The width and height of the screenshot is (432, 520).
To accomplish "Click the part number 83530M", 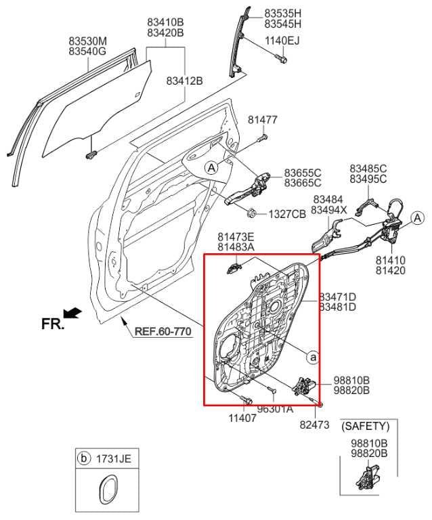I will coord(87,40).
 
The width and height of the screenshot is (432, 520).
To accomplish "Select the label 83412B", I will coord(185,81).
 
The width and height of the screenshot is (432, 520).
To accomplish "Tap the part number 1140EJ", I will coord(282,40).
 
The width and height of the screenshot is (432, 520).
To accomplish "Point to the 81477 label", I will coord(262,120).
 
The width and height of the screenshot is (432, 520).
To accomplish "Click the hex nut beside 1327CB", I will coord(250,213).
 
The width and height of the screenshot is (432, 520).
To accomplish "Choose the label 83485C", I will coord(368,168).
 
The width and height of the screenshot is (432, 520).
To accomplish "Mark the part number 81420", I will coord(392,269).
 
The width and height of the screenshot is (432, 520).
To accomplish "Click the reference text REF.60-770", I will coord(163,332).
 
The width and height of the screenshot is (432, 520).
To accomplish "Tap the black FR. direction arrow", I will coord(72,312).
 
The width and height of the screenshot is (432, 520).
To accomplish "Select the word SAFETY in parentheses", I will coord(366,426).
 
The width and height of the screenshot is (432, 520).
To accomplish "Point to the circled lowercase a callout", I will coord(312,356).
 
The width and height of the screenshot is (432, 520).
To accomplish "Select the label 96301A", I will coord(275,409).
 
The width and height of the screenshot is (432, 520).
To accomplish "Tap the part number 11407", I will coord(242,418).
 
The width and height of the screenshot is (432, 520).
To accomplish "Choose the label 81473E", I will coord(236,236).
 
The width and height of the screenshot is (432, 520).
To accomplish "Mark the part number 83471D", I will coord(338,297).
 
